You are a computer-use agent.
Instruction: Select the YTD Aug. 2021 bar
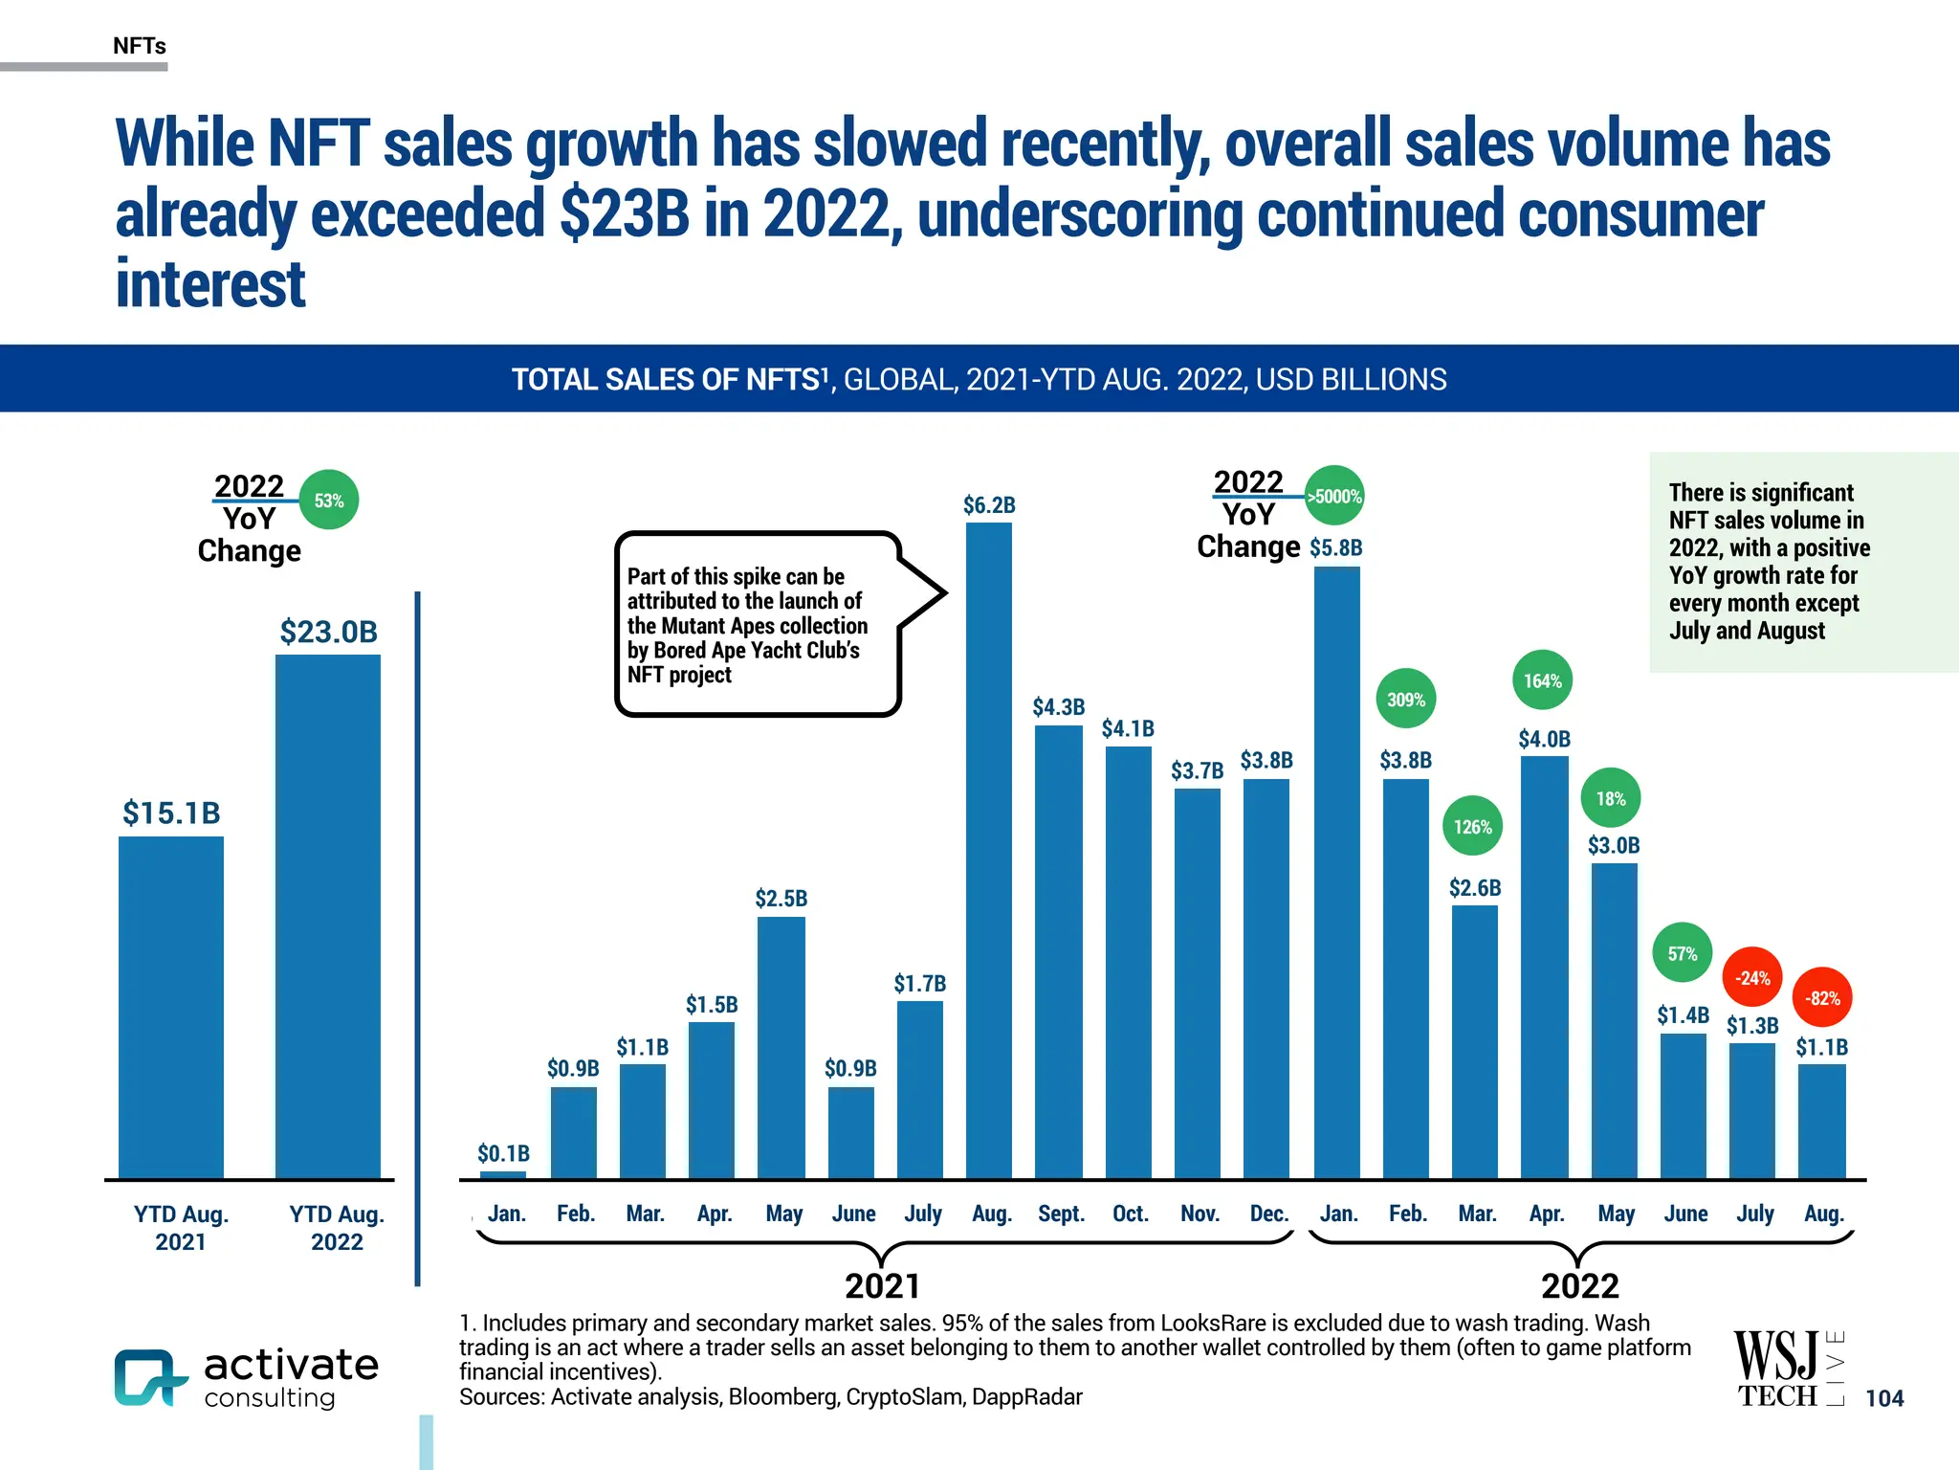click(x=171, y=1007)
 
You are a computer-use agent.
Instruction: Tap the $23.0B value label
click(x=328, y=632)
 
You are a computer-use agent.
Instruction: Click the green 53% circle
click(x=329, y=501)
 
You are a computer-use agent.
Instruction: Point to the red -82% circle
click(x=1822, y=998)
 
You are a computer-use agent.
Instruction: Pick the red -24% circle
click(x=1752, y=978)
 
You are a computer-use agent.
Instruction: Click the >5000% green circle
click(x=1334, y=496)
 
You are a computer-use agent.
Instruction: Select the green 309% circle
click(x=1405, y=700)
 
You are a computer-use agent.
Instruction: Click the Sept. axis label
click(x=1061, y=1214)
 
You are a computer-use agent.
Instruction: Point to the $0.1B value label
click(x=503, y=1153)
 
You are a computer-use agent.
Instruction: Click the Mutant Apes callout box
click(x=756, y=624)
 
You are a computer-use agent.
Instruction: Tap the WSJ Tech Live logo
click(x=1787, y=1369)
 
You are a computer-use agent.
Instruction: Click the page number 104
click(x=1883, y=1398)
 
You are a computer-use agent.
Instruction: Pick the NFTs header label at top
click(x=140, y=46)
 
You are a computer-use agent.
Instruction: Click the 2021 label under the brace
click(x=882, y=1285)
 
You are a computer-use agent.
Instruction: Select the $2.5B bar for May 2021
click(x=781, y=1047)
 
